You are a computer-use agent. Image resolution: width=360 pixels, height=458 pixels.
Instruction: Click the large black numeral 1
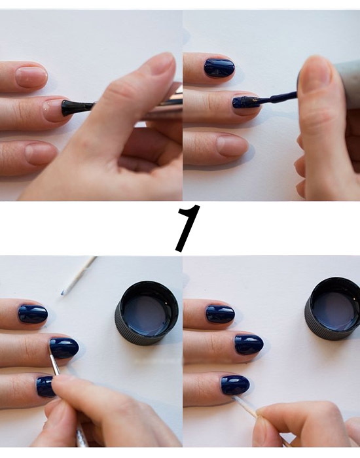tap(187, 228)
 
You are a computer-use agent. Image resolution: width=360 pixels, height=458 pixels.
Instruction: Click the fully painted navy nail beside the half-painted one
tap(219, 68)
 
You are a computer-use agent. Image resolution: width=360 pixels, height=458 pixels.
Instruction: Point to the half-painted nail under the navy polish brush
tap(245, 102)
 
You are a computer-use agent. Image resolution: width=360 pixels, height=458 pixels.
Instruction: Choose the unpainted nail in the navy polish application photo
tap(232, 145)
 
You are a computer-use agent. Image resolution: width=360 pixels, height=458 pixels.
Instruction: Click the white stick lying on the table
tap(79, 275)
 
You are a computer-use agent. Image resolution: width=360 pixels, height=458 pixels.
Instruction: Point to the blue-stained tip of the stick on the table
tap(63, 293)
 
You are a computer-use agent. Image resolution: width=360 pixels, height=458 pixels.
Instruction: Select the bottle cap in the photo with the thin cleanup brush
tap(147, 313)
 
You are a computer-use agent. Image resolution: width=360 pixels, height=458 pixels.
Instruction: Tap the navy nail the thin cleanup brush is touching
tap(63, 348)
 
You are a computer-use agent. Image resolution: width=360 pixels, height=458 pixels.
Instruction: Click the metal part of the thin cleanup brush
tap(53, 358)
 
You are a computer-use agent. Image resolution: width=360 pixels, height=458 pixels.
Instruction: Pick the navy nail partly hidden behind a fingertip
tap(45, 387)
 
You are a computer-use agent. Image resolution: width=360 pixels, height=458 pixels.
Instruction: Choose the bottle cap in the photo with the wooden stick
tap(333, 309)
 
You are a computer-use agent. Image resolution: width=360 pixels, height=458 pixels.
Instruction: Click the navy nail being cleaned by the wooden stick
tap(235, 385)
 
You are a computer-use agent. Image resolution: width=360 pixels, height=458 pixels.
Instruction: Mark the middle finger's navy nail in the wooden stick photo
tap(249, 344)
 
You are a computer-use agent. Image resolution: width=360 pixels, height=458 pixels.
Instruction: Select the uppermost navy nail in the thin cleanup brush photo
tap(33, 314)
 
